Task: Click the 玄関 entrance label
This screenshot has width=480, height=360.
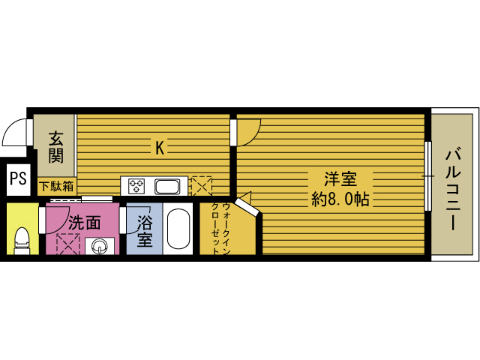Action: click(55, 147)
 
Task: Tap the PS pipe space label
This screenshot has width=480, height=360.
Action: click(18, 178)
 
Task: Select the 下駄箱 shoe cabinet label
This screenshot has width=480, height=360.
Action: click(56, 185)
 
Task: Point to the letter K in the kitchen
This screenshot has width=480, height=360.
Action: click(159, 148)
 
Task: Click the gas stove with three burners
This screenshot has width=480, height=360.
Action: click(137, 185)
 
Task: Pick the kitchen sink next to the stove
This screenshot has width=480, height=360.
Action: click(166, 185)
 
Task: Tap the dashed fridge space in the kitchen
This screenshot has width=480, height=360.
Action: click(201, 185)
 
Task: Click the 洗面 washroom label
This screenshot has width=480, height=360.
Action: click(85, 222)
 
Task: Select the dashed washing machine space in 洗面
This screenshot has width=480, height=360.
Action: click(68, 244)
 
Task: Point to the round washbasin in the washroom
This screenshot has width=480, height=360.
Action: click(99, 245)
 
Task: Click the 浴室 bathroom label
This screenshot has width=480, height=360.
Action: click(145, 231)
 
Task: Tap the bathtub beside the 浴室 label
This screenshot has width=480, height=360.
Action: click(178, 229)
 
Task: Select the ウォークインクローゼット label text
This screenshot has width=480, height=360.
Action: click(220, 229)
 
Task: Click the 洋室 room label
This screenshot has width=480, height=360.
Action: click(339, 180)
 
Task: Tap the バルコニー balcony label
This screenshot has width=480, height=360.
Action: click(453, 187)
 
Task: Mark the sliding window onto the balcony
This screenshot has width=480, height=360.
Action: click(428, 175)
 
